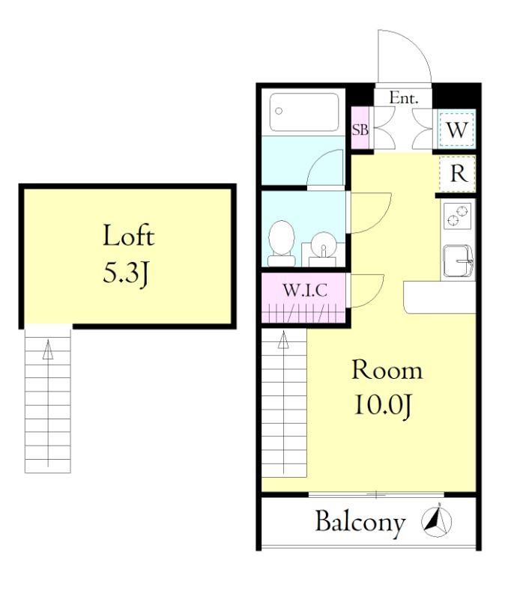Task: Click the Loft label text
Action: [129, 235]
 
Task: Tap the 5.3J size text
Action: [126, 273]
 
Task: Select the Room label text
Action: [387, 370]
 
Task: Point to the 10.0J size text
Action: [384, 406]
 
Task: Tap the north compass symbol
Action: [437, 521]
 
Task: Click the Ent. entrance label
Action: [404, 98]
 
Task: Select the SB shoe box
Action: [360, 129]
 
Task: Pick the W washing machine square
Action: [457, 130]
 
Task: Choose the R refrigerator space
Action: [458, 174]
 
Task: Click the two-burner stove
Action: [457, 216]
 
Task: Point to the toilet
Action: [282, 243]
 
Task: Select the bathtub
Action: [304, 112]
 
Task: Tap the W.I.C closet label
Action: [305, 291]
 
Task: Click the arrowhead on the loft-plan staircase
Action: [48, 349]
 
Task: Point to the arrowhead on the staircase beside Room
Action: [283, 340]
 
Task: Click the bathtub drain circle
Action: [279, 111]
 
